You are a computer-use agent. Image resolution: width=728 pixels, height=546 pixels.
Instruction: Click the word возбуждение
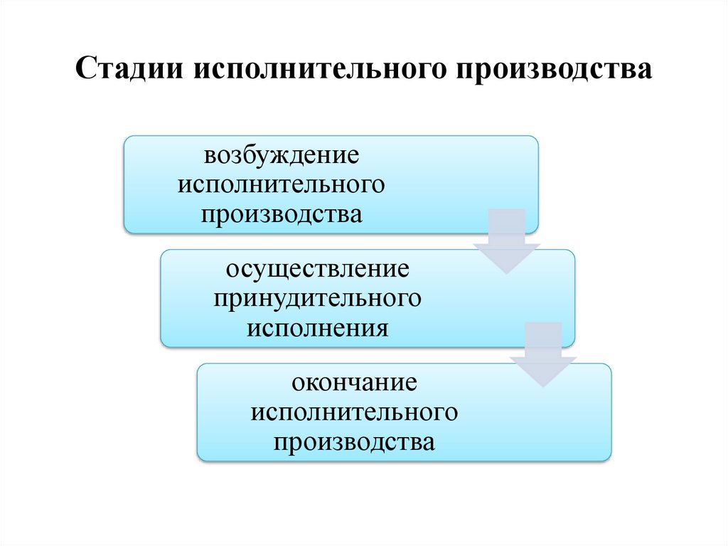[282, 155]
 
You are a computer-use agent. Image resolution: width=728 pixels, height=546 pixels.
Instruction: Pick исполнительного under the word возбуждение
[282, 184]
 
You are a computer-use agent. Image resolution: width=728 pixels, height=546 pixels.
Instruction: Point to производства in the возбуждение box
[282, 214]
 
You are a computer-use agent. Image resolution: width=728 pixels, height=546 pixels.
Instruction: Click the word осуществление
[318, 270]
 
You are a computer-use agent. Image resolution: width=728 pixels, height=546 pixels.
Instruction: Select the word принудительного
[318, 298]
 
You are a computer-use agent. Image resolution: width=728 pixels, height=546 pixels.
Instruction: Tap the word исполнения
[318, 328]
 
